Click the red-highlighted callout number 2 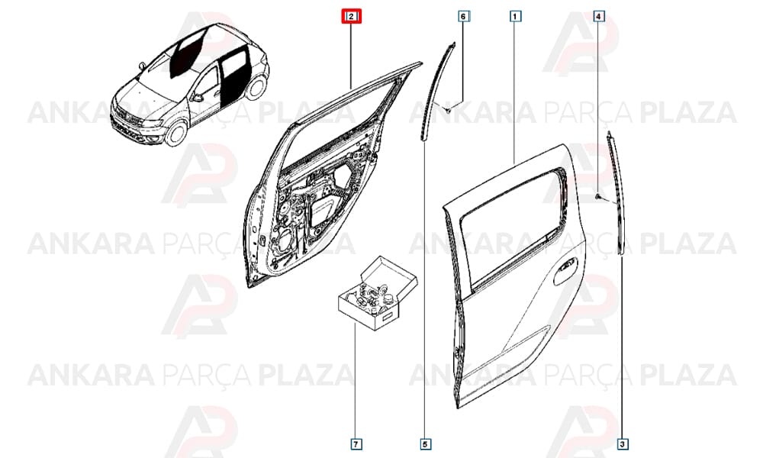point(351,17)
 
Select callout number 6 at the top point(463,17)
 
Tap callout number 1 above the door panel point(515,17)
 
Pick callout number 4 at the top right point(598,17)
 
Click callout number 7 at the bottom point(356,444)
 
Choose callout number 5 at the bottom point(425,444)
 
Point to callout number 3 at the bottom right point(623,444)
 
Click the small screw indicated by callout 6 point(447,111)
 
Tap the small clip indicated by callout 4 point(597,195)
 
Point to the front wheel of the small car point(175,134)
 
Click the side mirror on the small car point(197,98)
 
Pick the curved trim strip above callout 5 point(434,90)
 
